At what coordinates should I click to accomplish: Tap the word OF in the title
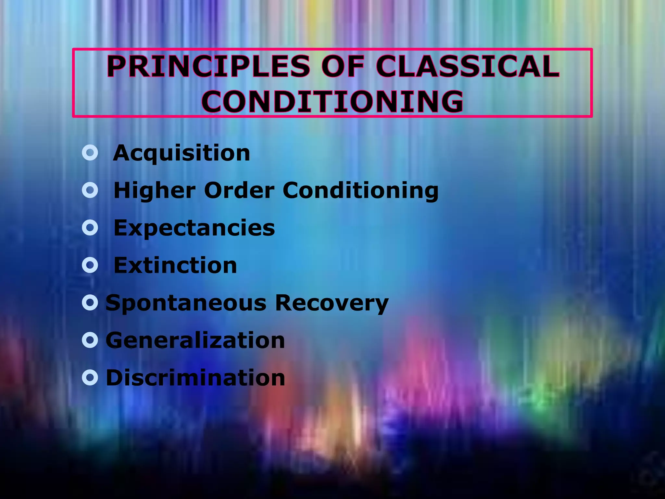point(343,66)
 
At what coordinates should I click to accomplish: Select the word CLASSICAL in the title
point(468,66)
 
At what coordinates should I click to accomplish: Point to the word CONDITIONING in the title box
point(332,101)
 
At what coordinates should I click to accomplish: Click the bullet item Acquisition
point(182,153)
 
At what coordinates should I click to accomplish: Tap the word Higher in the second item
point(155,190)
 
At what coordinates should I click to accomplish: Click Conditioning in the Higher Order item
point(360,190)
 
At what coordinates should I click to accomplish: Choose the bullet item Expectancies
point(194,228)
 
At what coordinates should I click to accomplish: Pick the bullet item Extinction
point(175,265)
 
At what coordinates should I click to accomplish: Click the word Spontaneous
point(186,303)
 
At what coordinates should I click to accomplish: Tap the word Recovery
point(332,303)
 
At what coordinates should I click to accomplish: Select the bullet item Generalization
point(195,340)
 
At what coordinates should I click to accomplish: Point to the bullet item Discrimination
point(195,378)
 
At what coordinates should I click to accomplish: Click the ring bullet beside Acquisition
point(90,153)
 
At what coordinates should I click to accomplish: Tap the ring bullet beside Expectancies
point(90,228)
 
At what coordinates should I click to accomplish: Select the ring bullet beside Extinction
point(90,265)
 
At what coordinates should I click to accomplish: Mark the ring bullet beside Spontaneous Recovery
point(90,303)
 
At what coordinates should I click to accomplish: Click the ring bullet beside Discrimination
point(90,378)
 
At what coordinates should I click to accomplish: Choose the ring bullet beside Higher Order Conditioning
point(90,190)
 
